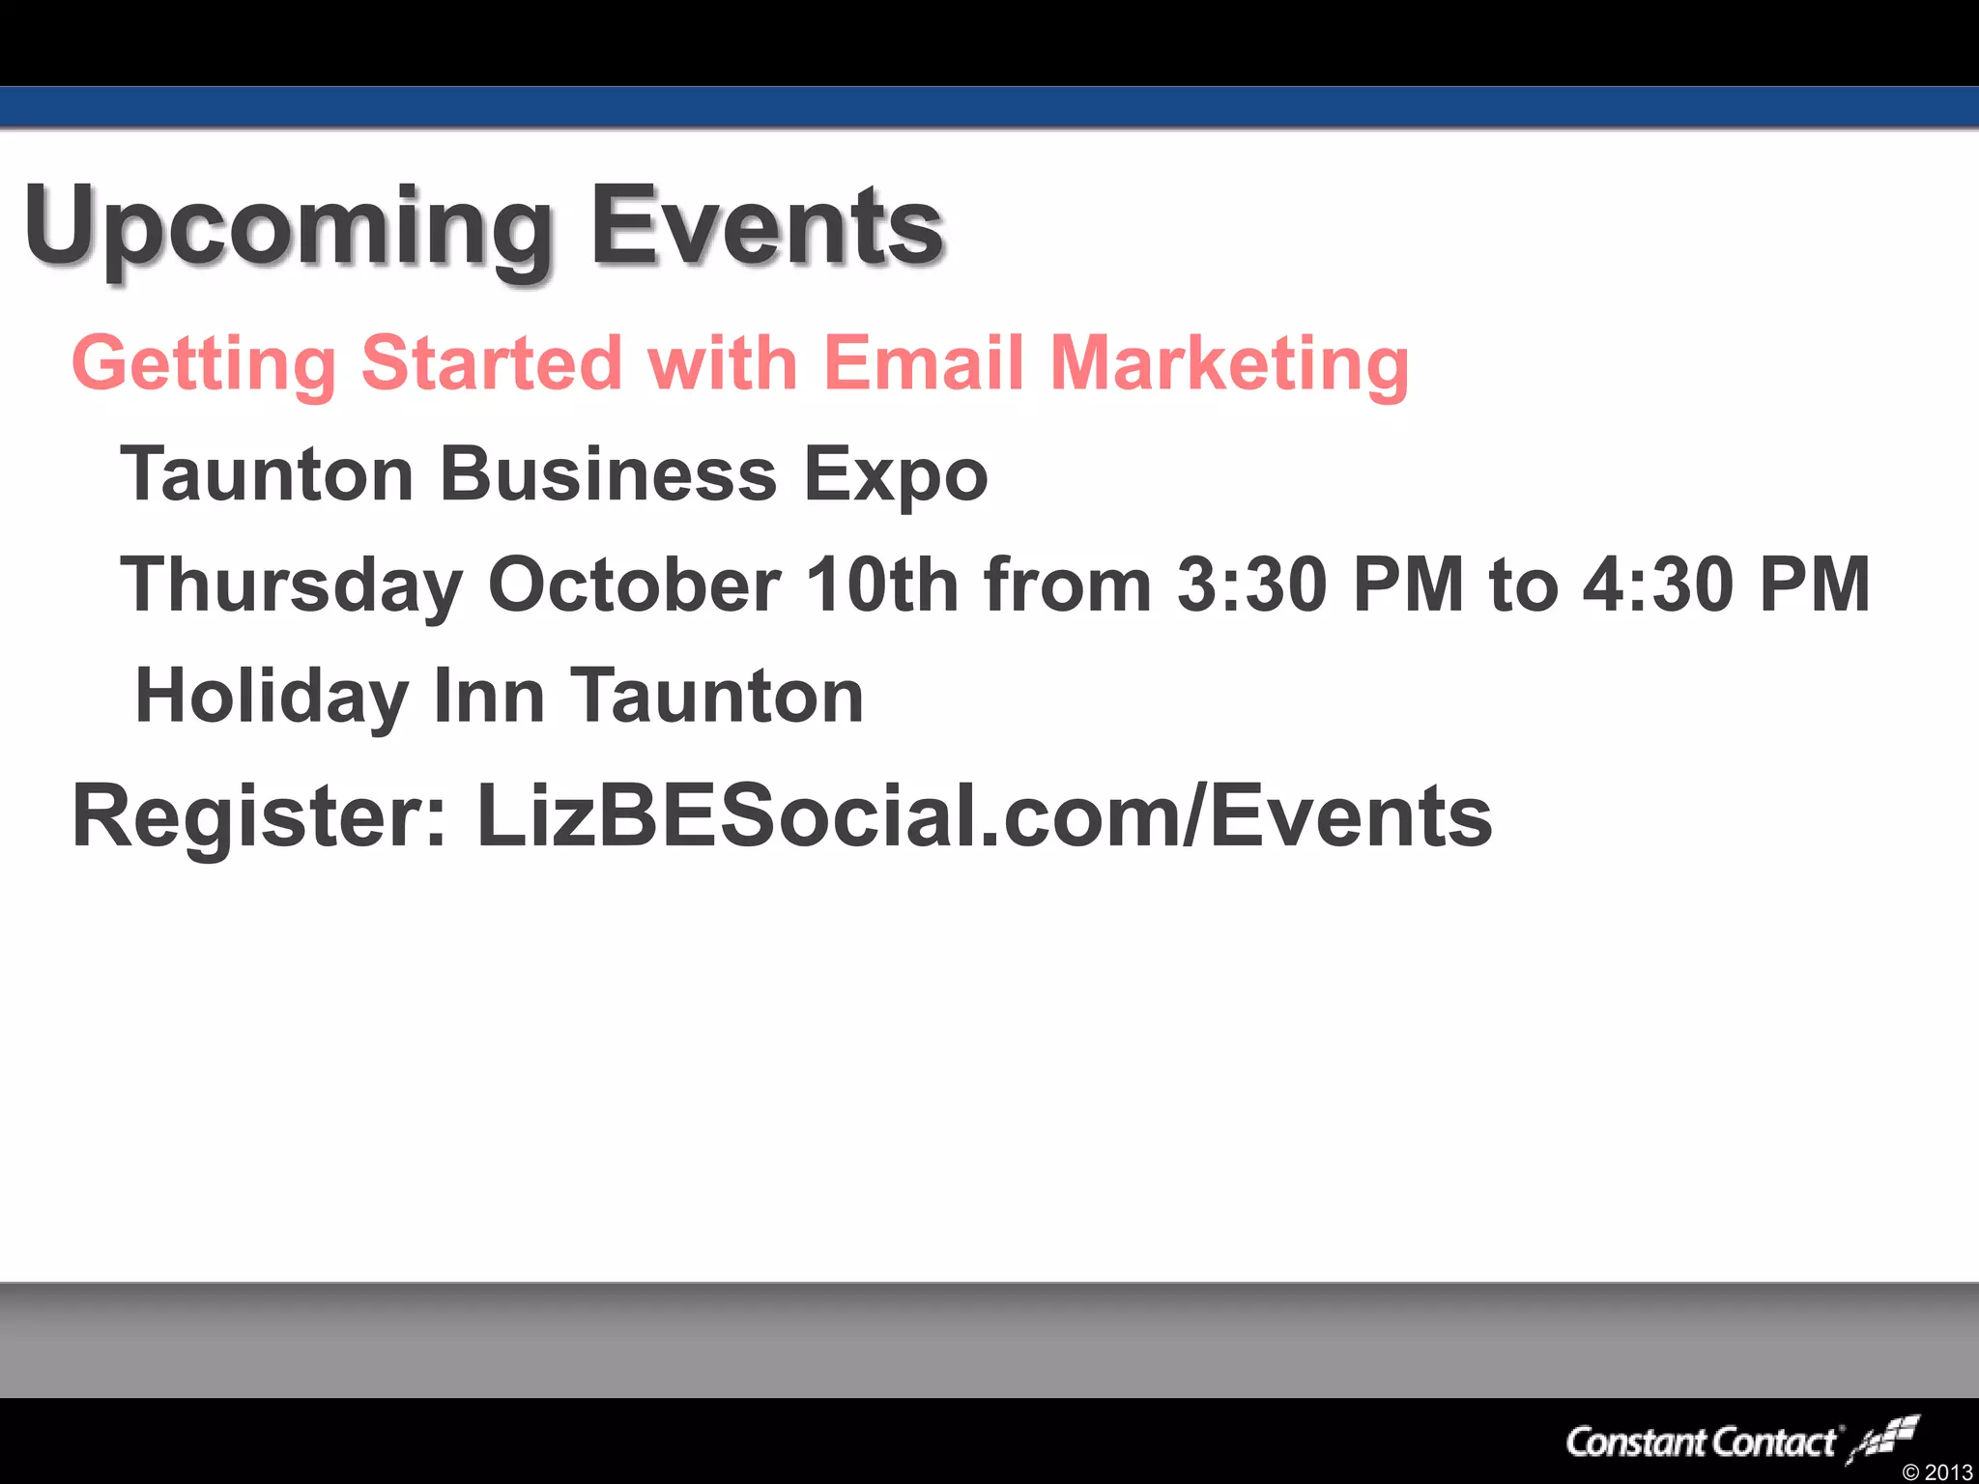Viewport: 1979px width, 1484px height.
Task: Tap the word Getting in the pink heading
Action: coord(204,364)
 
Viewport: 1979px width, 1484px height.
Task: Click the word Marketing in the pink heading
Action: coord(1229,364)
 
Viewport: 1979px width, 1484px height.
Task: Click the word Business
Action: coord(608,474)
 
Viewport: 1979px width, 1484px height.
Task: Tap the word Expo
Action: coord(896,476)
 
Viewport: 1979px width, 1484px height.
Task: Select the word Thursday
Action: coord(291,585)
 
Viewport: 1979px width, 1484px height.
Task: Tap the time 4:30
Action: coord(1657,585)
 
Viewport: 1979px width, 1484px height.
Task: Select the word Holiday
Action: coord(272,697)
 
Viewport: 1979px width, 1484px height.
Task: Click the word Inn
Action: coord(489,696)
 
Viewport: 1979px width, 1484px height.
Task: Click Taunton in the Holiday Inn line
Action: coord(717,696)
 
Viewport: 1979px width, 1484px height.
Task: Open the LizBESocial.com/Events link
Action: coord(984,816)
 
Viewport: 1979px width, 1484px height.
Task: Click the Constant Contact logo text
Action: coord(1701,1442)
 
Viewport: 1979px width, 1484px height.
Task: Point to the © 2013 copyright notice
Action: coord(1936,1472)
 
